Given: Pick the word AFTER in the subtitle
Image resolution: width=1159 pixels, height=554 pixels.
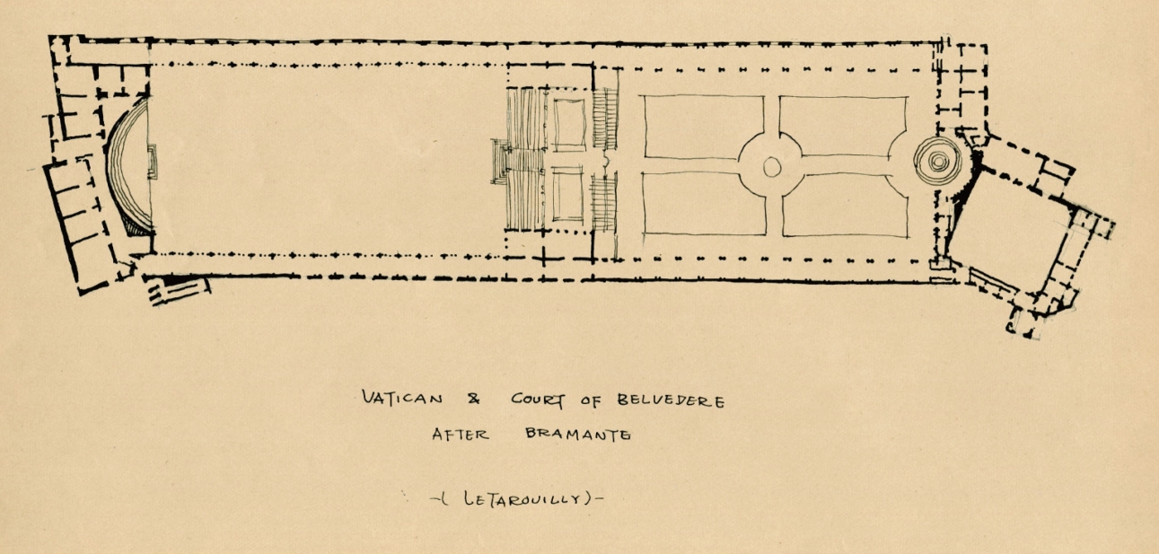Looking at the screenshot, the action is click(x=460, y=434).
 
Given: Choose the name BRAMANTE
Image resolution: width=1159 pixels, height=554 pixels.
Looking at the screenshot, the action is click(x=575, y=435).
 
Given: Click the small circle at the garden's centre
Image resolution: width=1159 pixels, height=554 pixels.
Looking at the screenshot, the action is click(x=771, y=166).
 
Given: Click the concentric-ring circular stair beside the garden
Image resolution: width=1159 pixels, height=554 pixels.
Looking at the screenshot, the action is click(x=936, y=162).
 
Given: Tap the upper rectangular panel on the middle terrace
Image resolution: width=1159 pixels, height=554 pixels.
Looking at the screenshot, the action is click(x=567, y=125).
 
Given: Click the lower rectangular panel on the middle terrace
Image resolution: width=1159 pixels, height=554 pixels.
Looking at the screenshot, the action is click(x=567, y=194).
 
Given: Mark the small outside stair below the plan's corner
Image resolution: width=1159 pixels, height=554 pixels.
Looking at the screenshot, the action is click(x=178, y=288).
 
